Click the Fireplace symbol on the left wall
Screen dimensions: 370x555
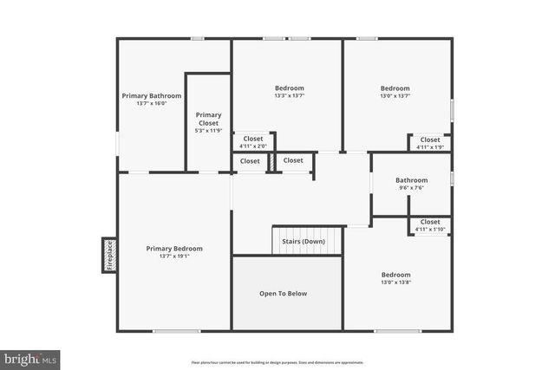pos(109,256)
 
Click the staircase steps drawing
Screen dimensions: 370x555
pos(306,240)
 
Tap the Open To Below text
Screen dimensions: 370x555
pos(283,294)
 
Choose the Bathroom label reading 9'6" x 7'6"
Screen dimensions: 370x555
pos(412,180)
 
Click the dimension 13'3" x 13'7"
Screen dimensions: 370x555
pos(289,96)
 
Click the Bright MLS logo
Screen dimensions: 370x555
pos(30,358)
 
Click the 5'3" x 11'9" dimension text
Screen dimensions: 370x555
pos(208,131)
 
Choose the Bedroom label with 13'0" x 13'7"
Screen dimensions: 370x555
pos(395,88)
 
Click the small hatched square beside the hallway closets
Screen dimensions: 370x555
pos(271,161)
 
